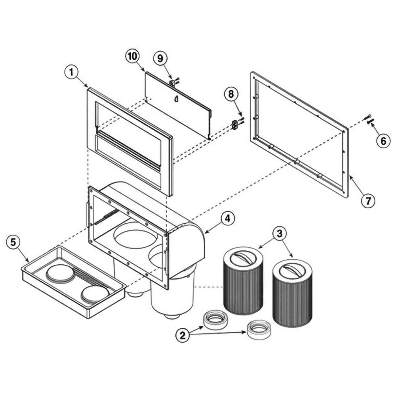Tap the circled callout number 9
tap(160, 58)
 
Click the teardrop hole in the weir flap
tap(176, 99)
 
